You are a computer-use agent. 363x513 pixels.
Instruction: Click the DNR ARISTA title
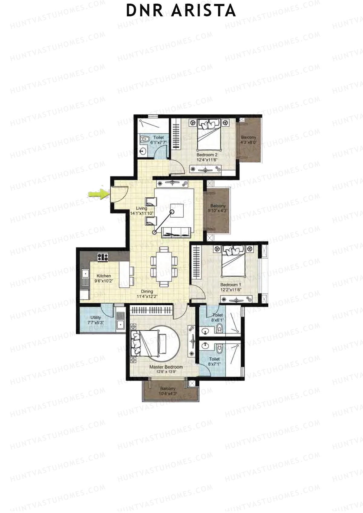[x=181, y=11]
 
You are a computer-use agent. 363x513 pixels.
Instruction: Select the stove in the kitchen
[x=103, y=257]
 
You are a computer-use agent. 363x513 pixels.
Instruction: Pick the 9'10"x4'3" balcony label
[x=217, y=208]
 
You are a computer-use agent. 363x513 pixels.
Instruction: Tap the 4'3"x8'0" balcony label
[x=248, y=139]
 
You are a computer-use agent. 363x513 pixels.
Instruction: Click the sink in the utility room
[x=120, y=325]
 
